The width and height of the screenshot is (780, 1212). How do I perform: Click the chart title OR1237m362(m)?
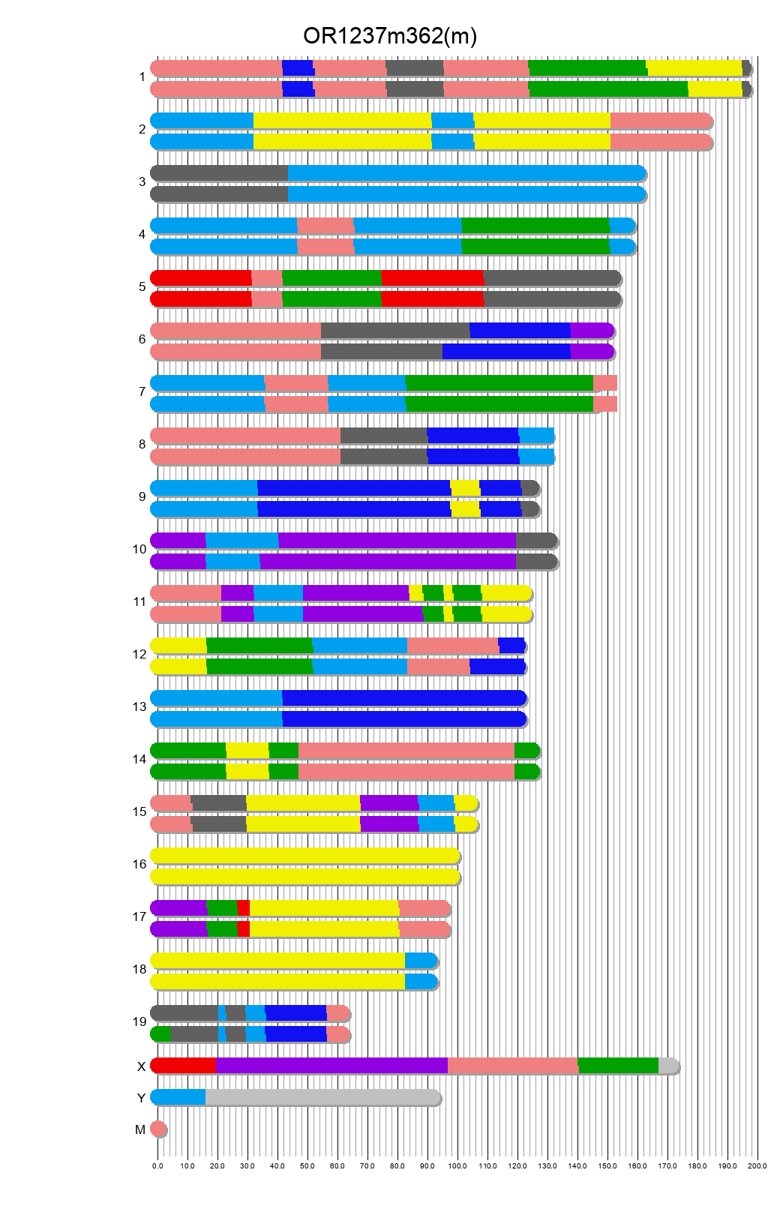coord(390,36)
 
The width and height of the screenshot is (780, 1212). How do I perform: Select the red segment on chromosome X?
coord(183,1066)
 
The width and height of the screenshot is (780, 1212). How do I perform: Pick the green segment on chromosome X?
coord(618,1066)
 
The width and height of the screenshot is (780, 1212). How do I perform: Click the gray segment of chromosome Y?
coord(322,1097)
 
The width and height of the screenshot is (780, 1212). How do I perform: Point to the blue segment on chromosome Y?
coord(178,1097)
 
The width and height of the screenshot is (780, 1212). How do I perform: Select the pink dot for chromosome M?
coord(158,1129)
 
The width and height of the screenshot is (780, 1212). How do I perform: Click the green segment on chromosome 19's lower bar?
coord(161,1034)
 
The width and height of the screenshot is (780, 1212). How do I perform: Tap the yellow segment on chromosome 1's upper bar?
coord(694,68)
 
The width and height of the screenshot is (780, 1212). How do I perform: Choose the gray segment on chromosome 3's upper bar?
coord(219,173)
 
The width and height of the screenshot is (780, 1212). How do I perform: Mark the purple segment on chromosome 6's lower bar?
coord(592,352)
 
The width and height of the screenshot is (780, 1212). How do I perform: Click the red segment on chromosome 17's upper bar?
coord(243,908)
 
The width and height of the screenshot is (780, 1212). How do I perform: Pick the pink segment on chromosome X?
coord(512,1066)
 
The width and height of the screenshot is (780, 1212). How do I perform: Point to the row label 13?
coord(139,706)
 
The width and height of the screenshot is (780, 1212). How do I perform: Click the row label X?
coord(141,1066)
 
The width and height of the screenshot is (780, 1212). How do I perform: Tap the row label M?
coord(140,1129)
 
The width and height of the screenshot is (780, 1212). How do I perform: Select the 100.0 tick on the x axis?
coord(457,1165)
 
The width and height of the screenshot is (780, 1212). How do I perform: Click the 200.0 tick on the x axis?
coord(757,1165)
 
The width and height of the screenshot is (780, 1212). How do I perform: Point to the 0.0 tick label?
coord(157,1165)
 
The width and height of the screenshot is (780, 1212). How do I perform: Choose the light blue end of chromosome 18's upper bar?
coord(421,961)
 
